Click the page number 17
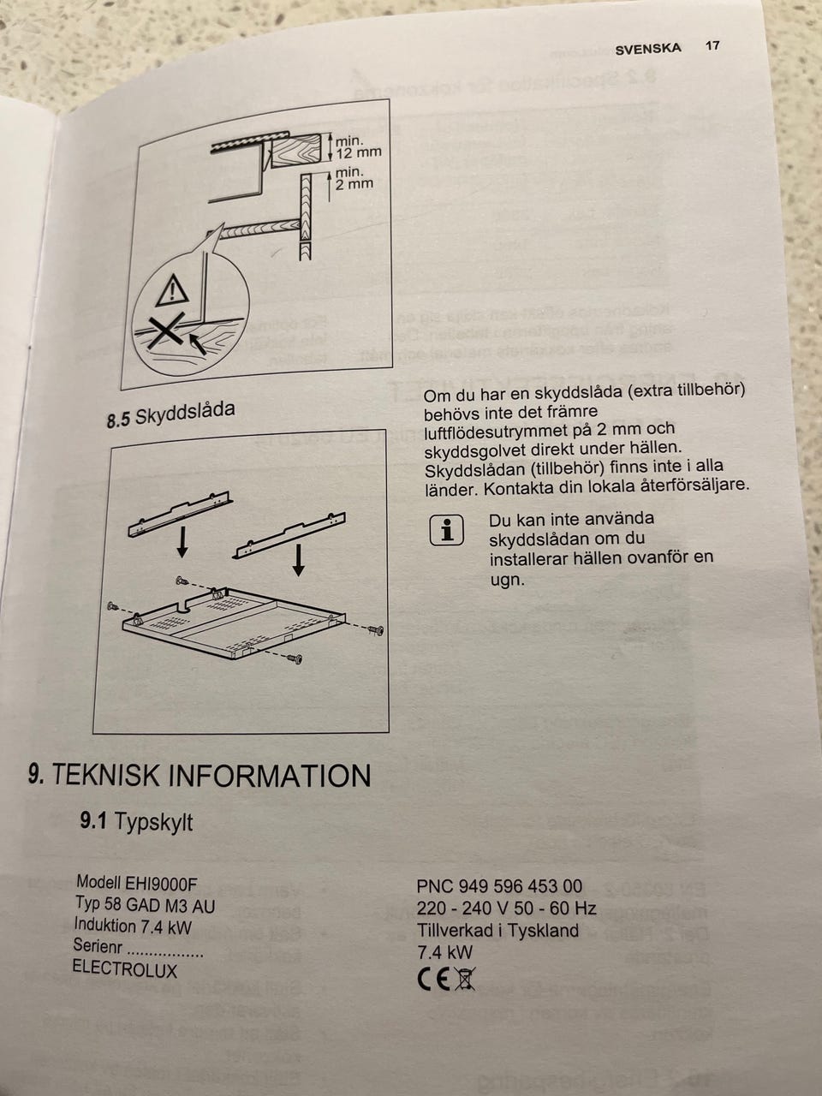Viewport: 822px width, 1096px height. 712,46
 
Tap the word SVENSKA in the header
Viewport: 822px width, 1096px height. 648,50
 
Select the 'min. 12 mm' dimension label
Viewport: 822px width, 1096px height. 358,146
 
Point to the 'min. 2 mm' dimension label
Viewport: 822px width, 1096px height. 354,178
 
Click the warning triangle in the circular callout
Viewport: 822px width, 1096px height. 172,290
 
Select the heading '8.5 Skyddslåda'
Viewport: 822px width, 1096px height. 170,414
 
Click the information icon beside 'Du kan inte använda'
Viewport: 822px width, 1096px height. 446,531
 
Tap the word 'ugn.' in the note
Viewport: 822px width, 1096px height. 507,581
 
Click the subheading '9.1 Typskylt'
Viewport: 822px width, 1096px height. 136,822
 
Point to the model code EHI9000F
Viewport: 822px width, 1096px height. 161,885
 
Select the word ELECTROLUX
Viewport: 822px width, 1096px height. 125,969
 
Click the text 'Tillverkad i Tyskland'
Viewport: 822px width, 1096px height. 498,930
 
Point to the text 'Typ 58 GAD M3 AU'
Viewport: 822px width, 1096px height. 146,904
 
